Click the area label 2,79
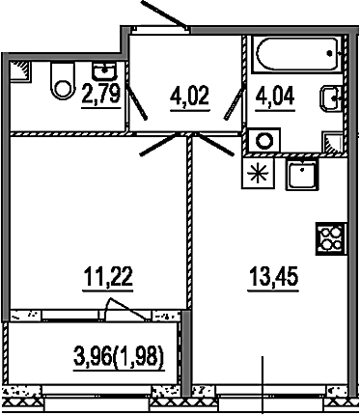101,93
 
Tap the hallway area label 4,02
190,96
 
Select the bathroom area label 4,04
275,96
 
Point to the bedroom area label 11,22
108,277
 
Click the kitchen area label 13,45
273,277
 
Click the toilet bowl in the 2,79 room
62,82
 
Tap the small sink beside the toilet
104,70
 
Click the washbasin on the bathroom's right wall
331,98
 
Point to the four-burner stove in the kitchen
331,239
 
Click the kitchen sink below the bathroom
302,175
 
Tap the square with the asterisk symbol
258,173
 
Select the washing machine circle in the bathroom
264,141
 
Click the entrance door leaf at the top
163,14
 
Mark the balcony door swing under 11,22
126,309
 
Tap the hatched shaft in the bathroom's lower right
333,142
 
